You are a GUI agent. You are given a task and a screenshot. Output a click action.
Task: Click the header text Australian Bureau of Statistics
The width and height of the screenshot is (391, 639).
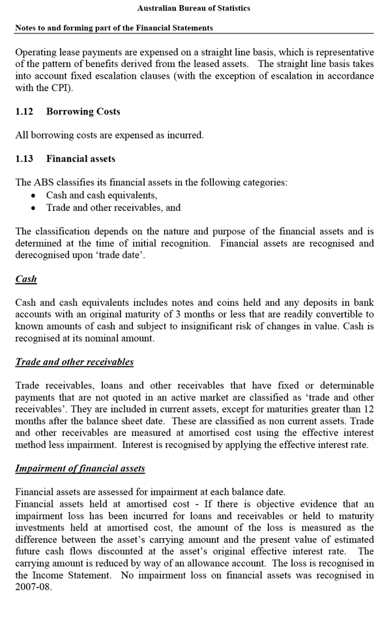pyautogui.click(x=194, y=8)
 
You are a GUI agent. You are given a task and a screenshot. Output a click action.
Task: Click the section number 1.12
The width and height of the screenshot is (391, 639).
pyautogui.click(x=25, y=112)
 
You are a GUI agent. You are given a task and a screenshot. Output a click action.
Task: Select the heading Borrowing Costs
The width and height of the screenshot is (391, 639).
pyautogui.click(x=83, y=112)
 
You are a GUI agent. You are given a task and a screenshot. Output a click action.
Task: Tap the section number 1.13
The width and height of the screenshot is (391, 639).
pyautogui.click(x=25, y=159)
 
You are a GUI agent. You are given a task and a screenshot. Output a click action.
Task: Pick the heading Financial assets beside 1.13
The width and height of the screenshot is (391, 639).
pyautogui.click(x=80, y=159)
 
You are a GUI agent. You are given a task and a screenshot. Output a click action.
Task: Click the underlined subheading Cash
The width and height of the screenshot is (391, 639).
pyautogui.click(x=26, y=279)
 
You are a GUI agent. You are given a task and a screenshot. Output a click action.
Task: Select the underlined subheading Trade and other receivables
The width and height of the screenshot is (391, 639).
pyautogui.click(x=74, y=362)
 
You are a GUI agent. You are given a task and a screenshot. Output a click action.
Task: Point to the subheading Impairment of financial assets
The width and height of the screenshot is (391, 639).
pyautogui.click(x=80, y=469)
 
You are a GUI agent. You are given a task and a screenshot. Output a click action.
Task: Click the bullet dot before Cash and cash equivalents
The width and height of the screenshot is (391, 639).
pyautogui.click(x=34, y=196)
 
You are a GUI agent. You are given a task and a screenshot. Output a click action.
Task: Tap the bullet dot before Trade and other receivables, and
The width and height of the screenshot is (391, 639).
pyautogui.click(x=34, y=208)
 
